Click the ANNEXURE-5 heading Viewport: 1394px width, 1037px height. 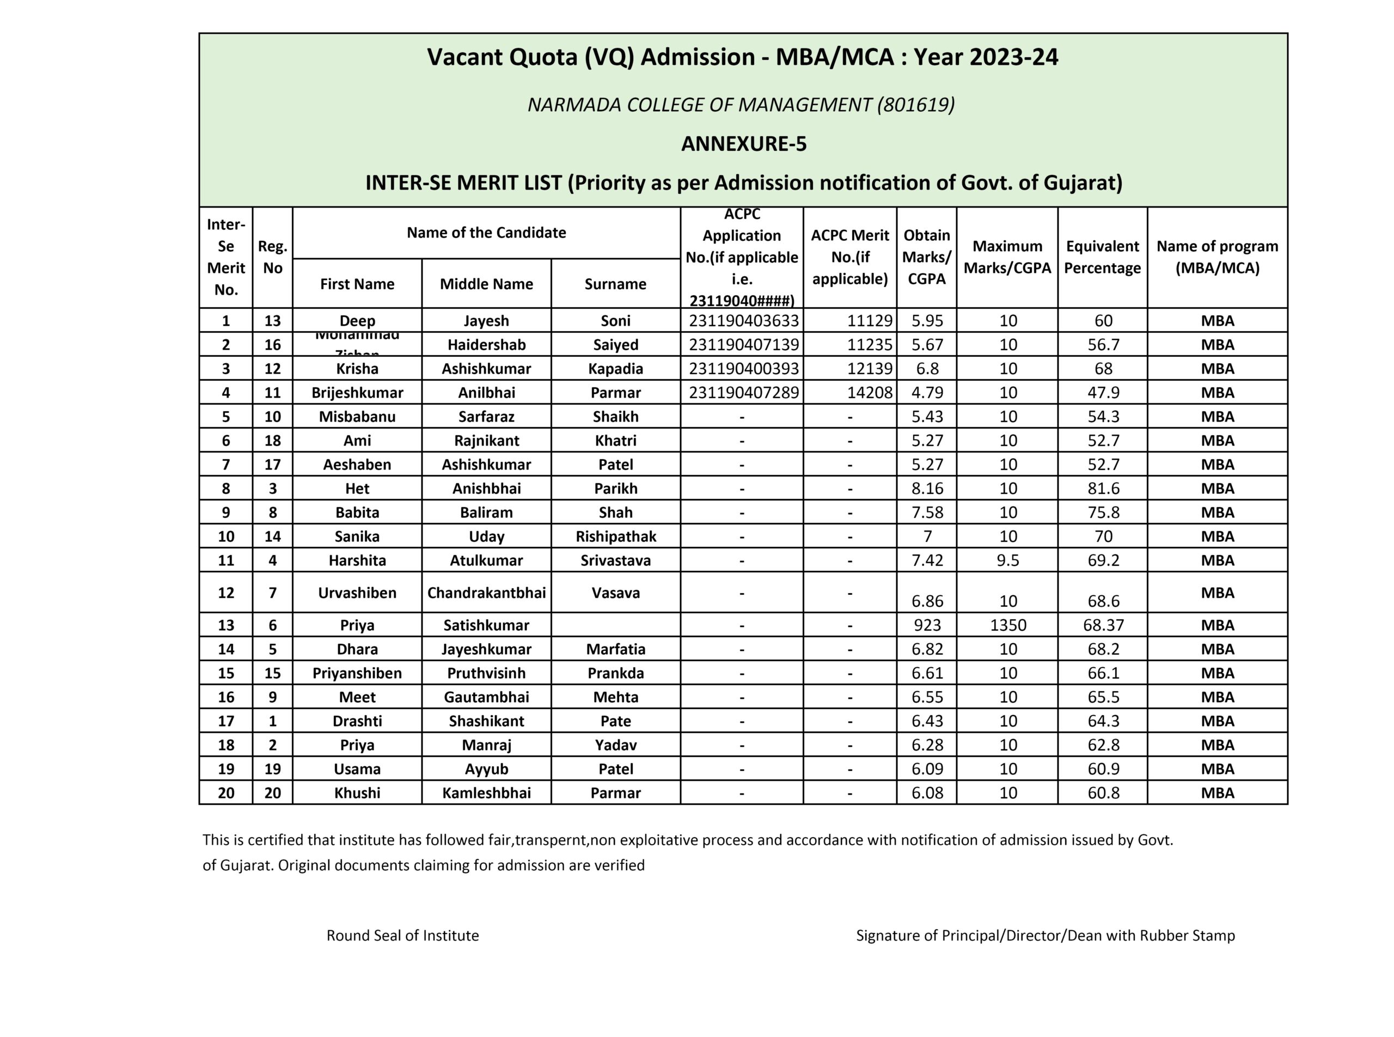[743, 144]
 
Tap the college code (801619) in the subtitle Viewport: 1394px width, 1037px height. [916, 105]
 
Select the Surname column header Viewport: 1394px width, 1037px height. [615, 284]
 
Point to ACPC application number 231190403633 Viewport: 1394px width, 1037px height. [743, 321]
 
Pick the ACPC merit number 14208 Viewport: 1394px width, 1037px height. [869, 392]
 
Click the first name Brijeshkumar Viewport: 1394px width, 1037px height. [357, 393]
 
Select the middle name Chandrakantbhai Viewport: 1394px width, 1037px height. [486, 593]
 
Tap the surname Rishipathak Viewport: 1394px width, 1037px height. [615, 536]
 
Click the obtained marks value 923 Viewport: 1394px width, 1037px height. [927, 625]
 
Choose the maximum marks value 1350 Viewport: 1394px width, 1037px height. [1008, 625]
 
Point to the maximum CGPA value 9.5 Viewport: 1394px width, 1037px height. [1008, 560]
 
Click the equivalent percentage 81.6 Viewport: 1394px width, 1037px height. [1103, 489]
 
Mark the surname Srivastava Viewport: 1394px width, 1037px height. [615, 560]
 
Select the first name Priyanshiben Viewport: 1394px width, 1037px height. [357, 674]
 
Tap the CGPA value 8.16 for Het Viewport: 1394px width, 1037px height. [927, 489]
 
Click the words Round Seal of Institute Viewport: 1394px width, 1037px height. [402, 935]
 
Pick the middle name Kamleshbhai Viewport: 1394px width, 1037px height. [486, 793]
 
